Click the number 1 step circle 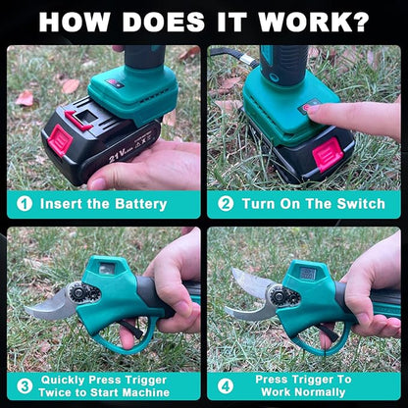pyautogui.click(x=23, y=204)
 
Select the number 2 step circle pyautogui.click(x=226, y=204)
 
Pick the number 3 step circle pyautogui.click(x=23, y=385)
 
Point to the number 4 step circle pyautogui.click(x=227, y=385)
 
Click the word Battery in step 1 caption pyautogui.click(x=138, y=204)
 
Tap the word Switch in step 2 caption pyautogui.click(x=349, y=204)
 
